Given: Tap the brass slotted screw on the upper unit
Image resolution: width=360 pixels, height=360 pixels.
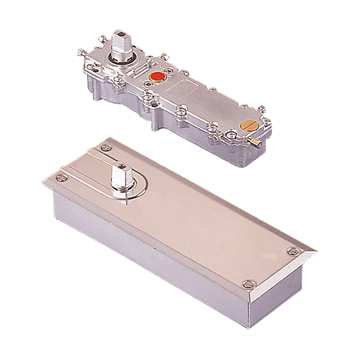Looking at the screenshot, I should tap(248, 127).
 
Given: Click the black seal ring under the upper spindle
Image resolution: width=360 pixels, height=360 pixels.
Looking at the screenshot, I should tap(121, 60).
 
